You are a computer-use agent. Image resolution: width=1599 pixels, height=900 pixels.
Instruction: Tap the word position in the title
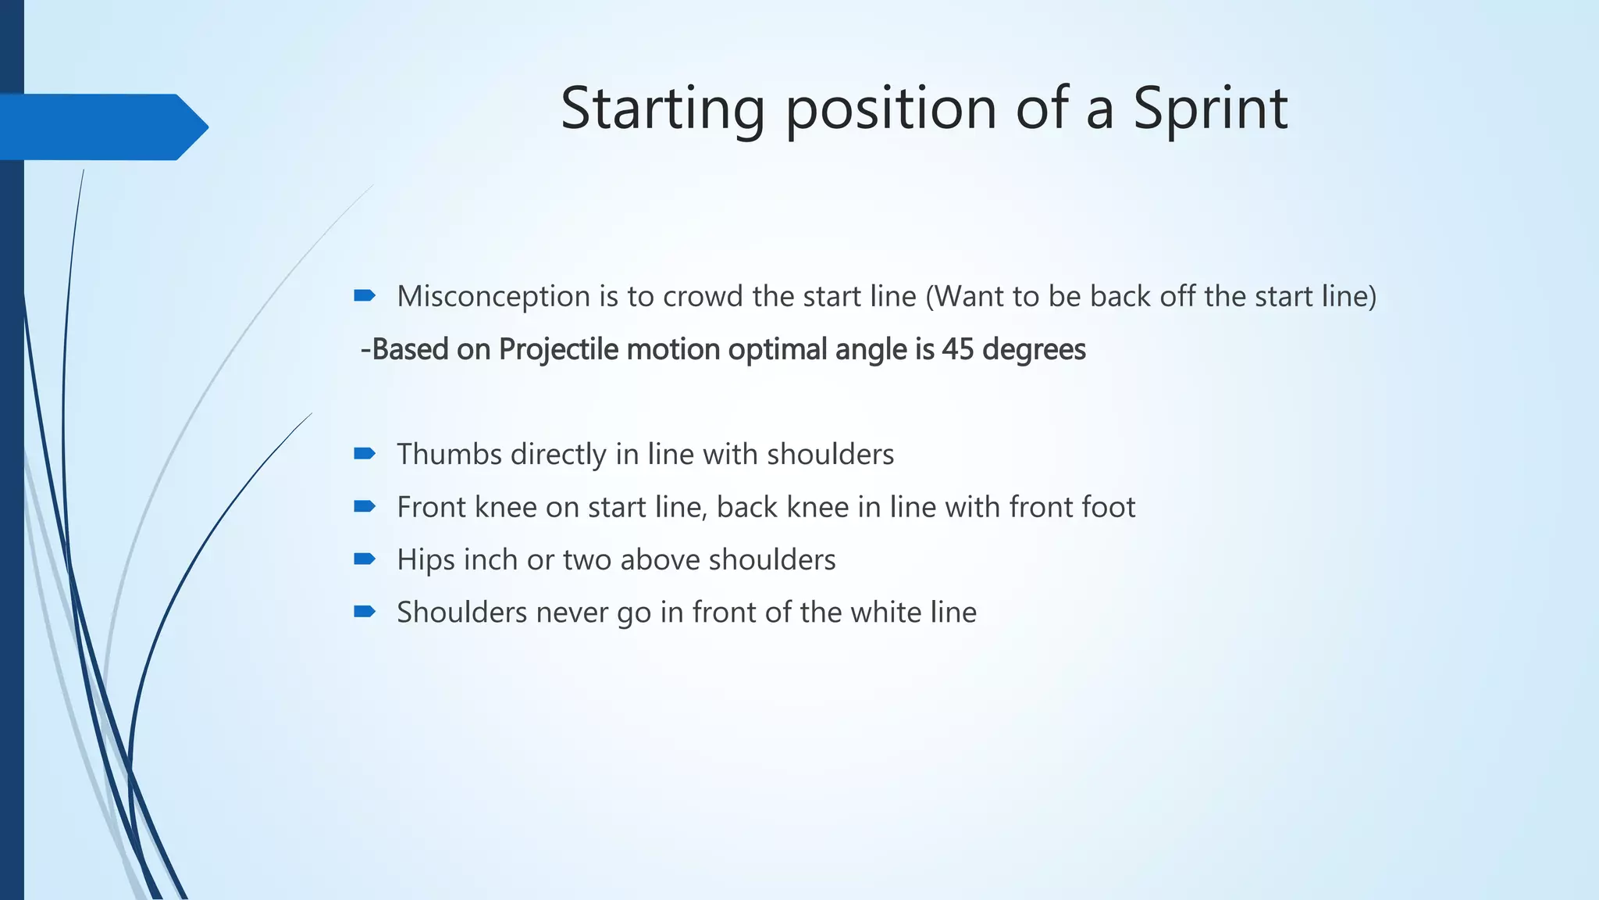pos(891,109)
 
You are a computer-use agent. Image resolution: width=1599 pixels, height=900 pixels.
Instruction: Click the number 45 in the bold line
pos(958,349)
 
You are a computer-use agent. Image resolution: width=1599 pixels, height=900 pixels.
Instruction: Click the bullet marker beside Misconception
pos(365,295)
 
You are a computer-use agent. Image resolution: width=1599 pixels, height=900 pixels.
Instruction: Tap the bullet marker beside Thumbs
pos(365,453)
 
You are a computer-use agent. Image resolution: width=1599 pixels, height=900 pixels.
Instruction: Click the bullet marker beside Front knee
pos(365,506)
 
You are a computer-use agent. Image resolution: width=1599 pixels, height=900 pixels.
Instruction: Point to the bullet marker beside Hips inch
pos(365,559)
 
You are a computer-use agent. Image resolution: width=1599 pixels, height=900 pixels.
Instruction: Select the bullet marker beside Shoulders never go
pos(365,611)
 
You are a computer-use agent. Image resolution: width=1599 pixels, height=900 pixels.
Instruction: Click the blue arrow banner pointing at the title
pos(101,127)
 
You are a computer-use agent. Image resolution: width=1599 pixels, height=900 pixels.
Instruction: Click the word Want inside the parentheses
pos(969,297)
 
